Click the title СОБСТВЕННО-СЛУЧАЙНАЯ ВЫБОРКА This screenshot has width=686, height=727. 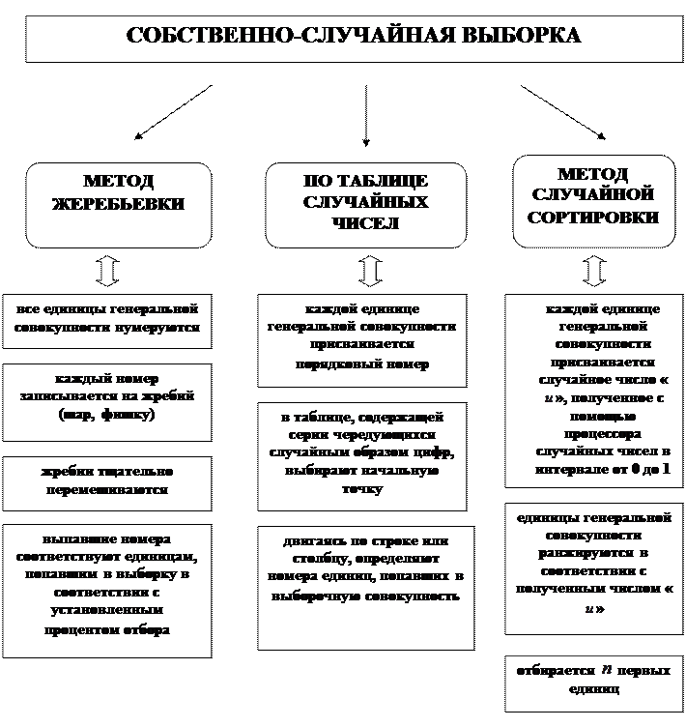tap(354, 37)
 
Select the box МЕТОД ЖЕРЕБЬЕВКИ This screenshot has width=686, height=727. tap(118, 204)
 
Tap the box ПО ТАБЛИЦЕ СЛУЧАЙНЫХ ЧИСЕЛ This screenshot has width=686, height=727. tap(365, 204)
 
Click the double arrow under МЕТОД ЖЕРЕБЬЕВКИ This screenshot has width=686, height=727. tap(108, 270)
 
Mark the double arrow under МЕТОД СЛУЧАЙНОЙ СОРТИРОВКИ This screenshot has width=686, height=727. tap(593, 270)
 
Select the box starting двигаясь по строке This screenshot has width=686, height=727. tap(365, 585)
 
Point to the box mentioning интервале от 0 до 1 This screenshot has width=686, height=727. tap(594, 391)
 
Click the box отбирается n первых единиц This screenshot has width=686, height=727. tap(594, 680)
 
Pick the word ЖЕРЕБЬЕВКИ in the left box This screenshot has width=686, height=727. tap(118, 205)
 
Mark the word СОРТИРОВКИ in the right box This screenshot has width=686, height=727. tap(593, 218)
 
